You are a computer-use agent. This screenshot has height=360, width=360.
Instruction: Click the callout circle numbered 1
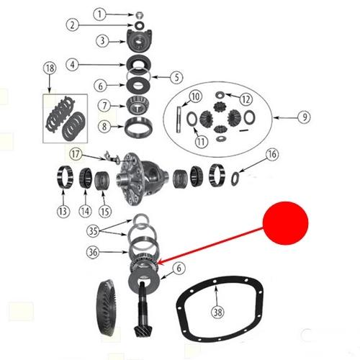tap(99, 14)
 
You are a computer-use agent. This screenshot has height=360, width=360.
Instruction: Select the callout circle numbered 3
tap(102, 41)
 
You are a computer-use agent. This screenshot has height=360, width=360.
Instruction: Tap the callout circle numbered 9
tap(305, 117)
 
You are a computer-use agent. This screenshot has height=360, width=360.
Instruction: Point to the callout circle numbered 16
tap(272, 154)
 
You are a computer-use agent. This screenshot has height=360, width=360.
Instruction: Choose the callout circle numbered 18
tap(50, 68)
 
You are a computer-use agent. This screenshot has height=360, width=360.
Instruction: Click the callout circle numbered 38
tap(217, 312)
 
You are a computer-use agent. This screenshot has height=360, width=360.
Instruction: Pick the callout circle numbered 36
tap(93, 252)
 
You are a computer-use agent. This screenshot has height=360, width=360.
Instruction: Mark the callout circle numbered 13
tap(63, 212)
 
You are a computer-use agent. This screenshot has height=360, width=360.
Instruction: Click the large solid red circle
tap(285, 223)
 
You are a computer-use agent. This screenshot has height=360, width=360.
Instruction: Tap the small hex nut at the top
tap(139, 15)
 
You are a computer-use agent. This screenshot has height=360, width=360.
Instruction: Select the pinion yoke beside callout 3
tap(139, 40)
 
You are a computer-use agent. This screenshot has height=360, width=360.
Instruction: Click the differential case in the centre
tap(142, 179)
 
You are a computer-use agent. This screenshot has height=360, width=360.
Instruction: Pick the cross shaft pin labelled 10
tap(179, 119)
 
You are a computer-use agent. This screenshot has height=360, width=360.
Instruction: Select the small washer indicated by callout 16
tap(235, 179)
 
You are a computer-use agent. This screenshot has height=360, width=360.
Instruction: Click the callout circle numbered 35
tap(93, 231)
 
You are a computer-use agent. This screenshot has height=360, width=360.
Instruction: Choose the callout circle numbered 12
tap(246, 99)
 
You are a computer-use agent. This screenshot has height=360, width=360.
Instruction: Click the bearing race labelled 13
tap(65, 177)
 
